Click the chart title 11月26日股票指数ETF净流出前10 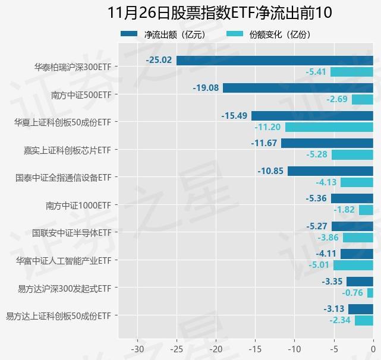pos(219,12)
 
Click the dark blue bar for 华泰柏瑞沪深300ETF pos(275,61)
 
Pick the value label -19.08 pos(206,88)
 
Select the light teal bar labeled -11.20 pos(329,127)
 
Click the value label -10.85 pos(270,170)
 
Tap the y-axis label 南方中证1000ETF pos(78,205)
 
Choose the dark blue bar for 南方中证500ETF pos(298,88)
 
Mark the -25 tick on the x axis pos(177,348)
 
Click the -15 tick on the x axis pos(255,348)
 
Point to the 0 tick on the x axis pos(373,348)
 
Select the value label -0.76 pos(352,293)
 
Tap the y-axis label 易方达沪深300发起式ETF pos(64,288)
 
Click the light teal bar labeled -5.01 pos(353,265)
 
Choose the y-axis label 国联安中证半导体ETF pos(71,233)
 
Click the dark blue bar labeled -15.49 pos(312,116)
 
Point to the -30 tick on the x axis pos(137,348)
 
